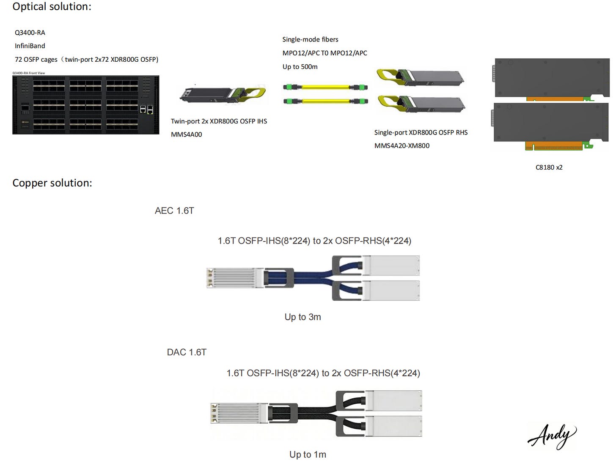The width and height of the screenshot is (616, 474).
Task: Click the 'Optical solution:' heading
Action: pyautogui.click(x=52, y=7)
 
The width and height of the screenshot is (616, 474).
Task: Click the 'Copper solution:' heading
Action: pyautogui.click(x=52, y=183)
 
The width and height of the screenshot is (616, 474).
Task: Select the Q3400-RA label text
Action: pyautogui.click(x=30, y=33)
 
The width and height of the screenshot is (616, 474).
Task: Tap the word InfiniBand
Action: pyautogui.click(x=30, y=46)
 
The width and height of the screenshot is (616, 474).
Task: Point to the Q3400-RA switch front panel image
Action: pyautogui.click(x=86, y=104)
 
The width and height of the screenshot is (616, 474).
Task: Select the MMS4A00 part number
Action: pyautogui.click(x=187, y=134)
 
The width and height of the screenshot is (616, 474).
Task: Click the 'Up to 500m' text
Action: pyautogui.click(x=300, y=67)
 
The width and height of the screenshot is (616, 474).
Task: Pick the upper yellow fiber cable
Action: pyautogui.click(x=325, y=87)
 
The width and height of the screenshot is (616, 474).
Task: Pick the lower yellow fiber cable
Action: pyautogui.click(x=325, y=101)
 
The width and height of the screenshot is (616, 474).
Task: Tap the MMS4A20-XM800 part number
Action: pyautogui.click(x=402, y=146)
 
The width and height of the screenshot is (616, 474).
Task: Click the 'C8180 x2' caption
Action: pyautogui.click(x=549, y=167)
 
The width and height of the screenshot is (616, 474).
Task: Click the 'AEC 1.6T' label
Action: pyautogui.click(x=174, y=211)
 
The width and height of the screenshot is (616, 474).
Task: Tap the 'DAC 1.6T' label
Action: pyautogui.click(x=187, y=352)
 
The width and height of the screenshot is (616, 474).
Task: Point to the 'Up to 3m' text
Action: pyautogui.click(x=302, y=317)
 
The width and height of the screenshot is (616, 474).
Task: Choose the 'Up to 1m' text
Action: pyautogui.click(x=308, y=455)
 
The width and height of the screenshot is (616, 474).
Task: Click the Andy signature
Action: pyautogui.click(x=552, y=436)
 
